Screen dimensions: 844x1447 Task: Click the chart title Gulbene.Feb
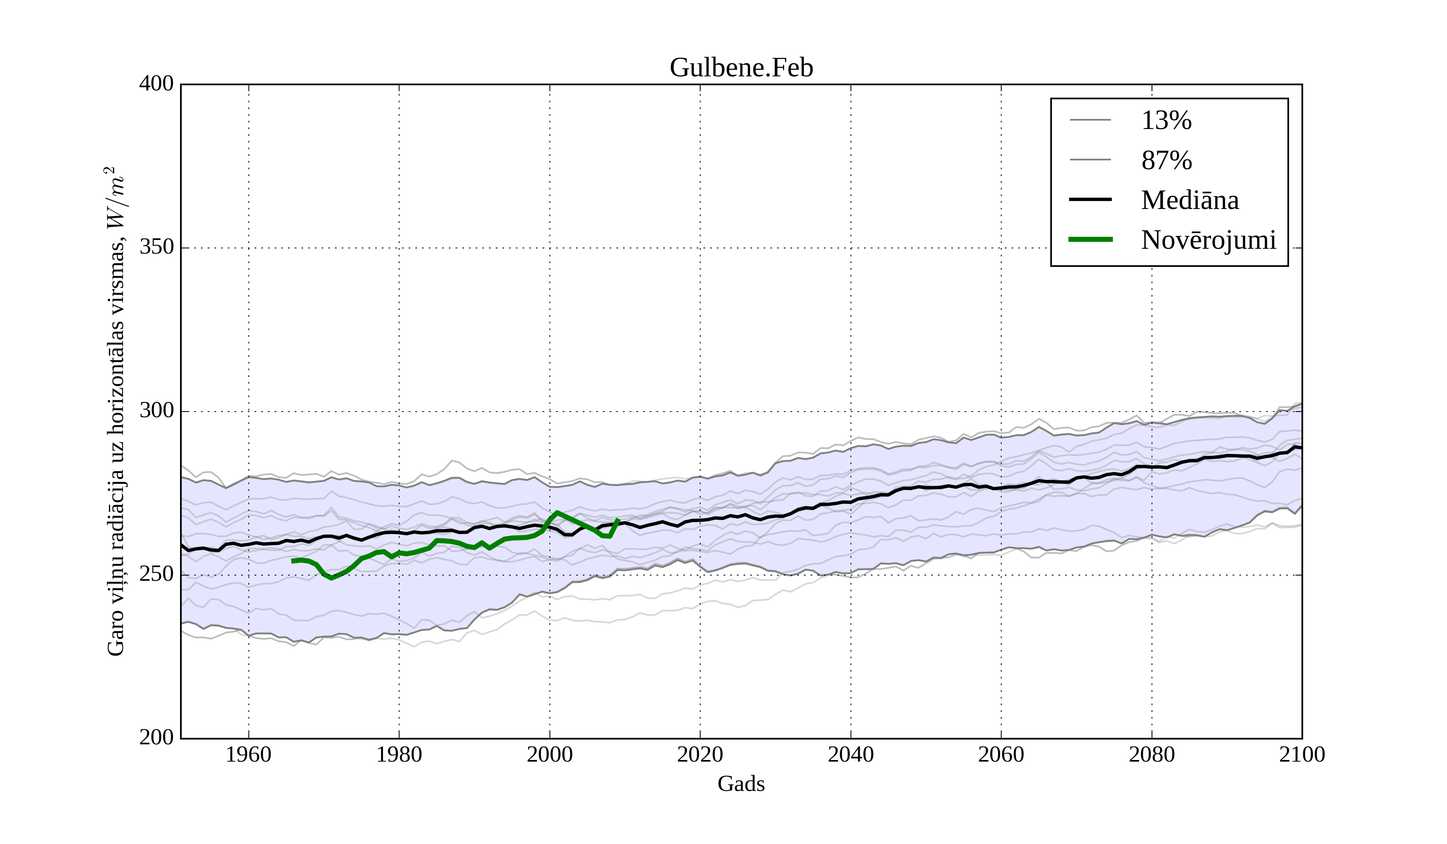pos(741,68)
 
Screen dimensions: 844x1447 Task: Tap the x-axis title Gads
pos(741,784)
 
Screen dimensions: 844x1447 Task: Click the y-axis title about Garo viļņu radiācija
pos(115,411)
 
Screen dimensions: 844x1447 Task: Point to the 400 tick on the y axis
pos(156,84)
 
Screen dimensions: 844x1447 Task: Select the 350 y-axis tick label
pos(156,248)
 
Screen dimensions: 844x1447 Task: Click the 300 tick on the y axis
pos(156,411)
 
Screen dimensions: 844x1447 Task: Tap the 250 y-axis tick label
pos(156,574)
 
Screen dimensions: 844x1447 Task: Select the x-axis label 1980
pos(399,754)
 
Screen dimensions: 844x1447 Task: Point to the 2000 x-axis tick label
pos(549,754)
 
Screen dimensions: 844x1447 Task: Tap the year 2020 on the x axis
pos(700,754)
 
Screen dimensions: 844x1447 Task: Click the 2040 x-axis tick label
pos(851,754)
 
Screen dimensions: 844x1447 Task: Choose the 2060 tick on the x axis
pos(1001,754)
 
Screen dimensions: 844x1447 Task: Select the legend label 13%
pos(1166,121)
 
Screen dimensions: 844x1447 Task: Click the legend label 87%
pos(1166,160)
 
